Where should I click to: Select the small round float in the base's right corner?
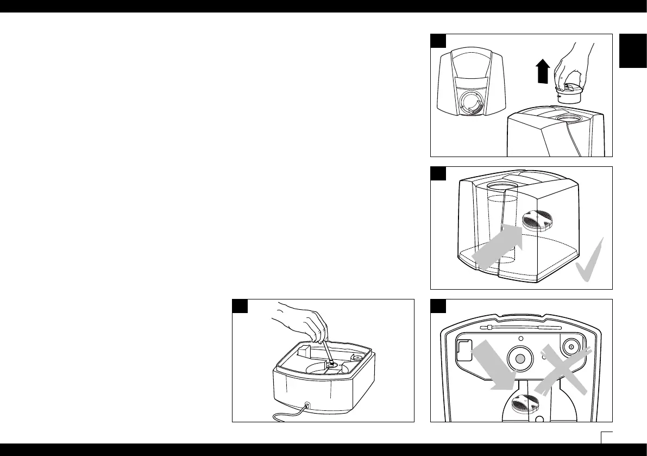click(357, 357)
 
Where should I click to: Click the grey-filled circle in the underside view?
click(520, 358)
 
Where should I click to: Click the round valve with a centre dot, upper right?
click(570, 346)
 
